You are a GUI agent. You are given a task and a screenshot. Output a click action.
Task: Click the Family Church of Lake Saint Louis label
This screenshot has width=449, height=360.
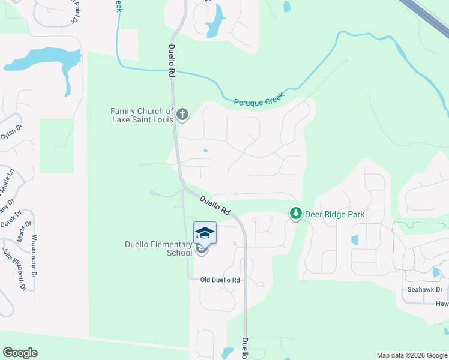(x=142, y=115)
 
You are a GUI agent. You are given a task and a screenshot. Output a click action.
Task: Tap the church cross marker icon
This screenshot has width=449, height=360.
(x=182, y=113)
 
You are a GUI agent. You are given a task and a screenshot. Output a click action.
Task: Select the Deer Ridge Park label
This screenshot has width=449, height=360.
(x=335, y=214)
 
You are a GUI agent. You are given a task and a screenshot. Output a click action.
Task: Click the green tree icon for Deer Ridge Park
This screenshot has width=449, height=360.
(x=295, y=213)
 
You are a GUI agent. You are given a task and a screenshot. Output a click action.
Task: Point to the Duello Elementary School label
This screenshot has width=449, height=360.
(x=158, y=248)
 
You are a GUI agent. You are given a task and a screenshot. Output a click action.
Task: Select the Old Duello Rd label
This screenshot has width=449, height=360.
(x=220, y=280)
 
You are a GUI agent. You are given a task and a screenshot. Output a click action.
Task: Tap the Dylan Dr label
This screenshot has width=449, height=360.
(x=11, y=131)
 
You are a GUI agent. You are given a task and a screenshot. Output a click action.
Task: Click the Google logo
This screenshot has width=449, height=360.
(x=20, y=353)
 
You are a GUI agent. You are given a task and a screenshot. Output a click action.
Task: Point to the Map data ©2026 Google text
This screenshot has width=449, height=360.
(x=412, y=355)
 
